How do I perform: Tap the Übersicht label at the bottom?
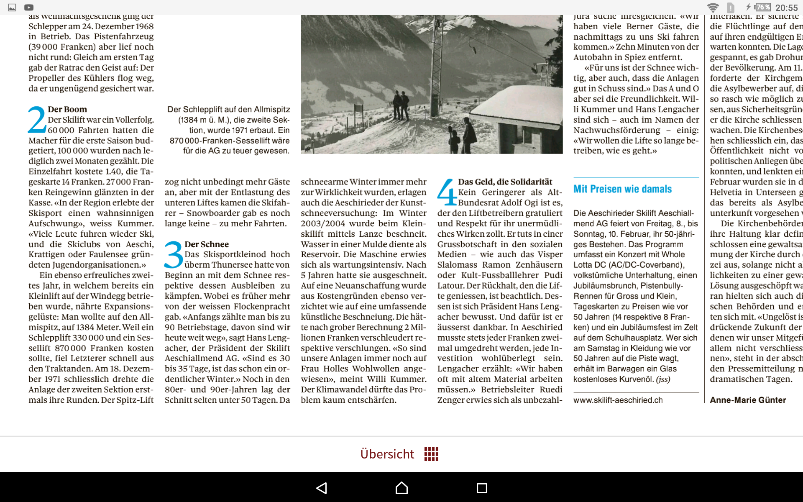tap(387, 454)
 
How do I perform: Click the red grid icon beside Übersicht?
tap(431, 454)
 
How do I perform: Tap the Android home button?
tap(401, 488)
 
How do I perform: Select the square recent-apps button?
tap(482, 488)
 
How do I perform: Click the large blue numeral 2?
tap(37, 120)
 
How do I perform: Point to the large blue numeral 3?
tap(174, 255)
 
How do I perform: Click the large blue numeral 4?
tap(447, 192)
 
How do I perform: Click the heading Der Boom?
tap(67, 109)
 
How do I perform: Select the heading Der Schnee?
tap(207, 244)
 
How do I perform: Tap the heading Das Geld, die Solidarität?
tap(505, 182)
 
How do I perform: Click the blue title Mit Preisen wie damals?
tap(622, 189)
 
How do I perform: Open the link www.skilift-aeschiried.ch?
tap(618, 400)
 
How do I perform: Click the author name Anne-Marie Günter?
tap(748, 400)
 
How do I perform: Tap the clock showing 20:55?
tap(786, 8)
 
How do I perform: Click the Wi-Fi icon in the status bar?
tap(713, 8)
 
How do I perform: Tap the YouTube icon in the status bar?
tap(29, 8)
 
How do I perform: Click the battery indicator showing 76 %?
tap(762, 8)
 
